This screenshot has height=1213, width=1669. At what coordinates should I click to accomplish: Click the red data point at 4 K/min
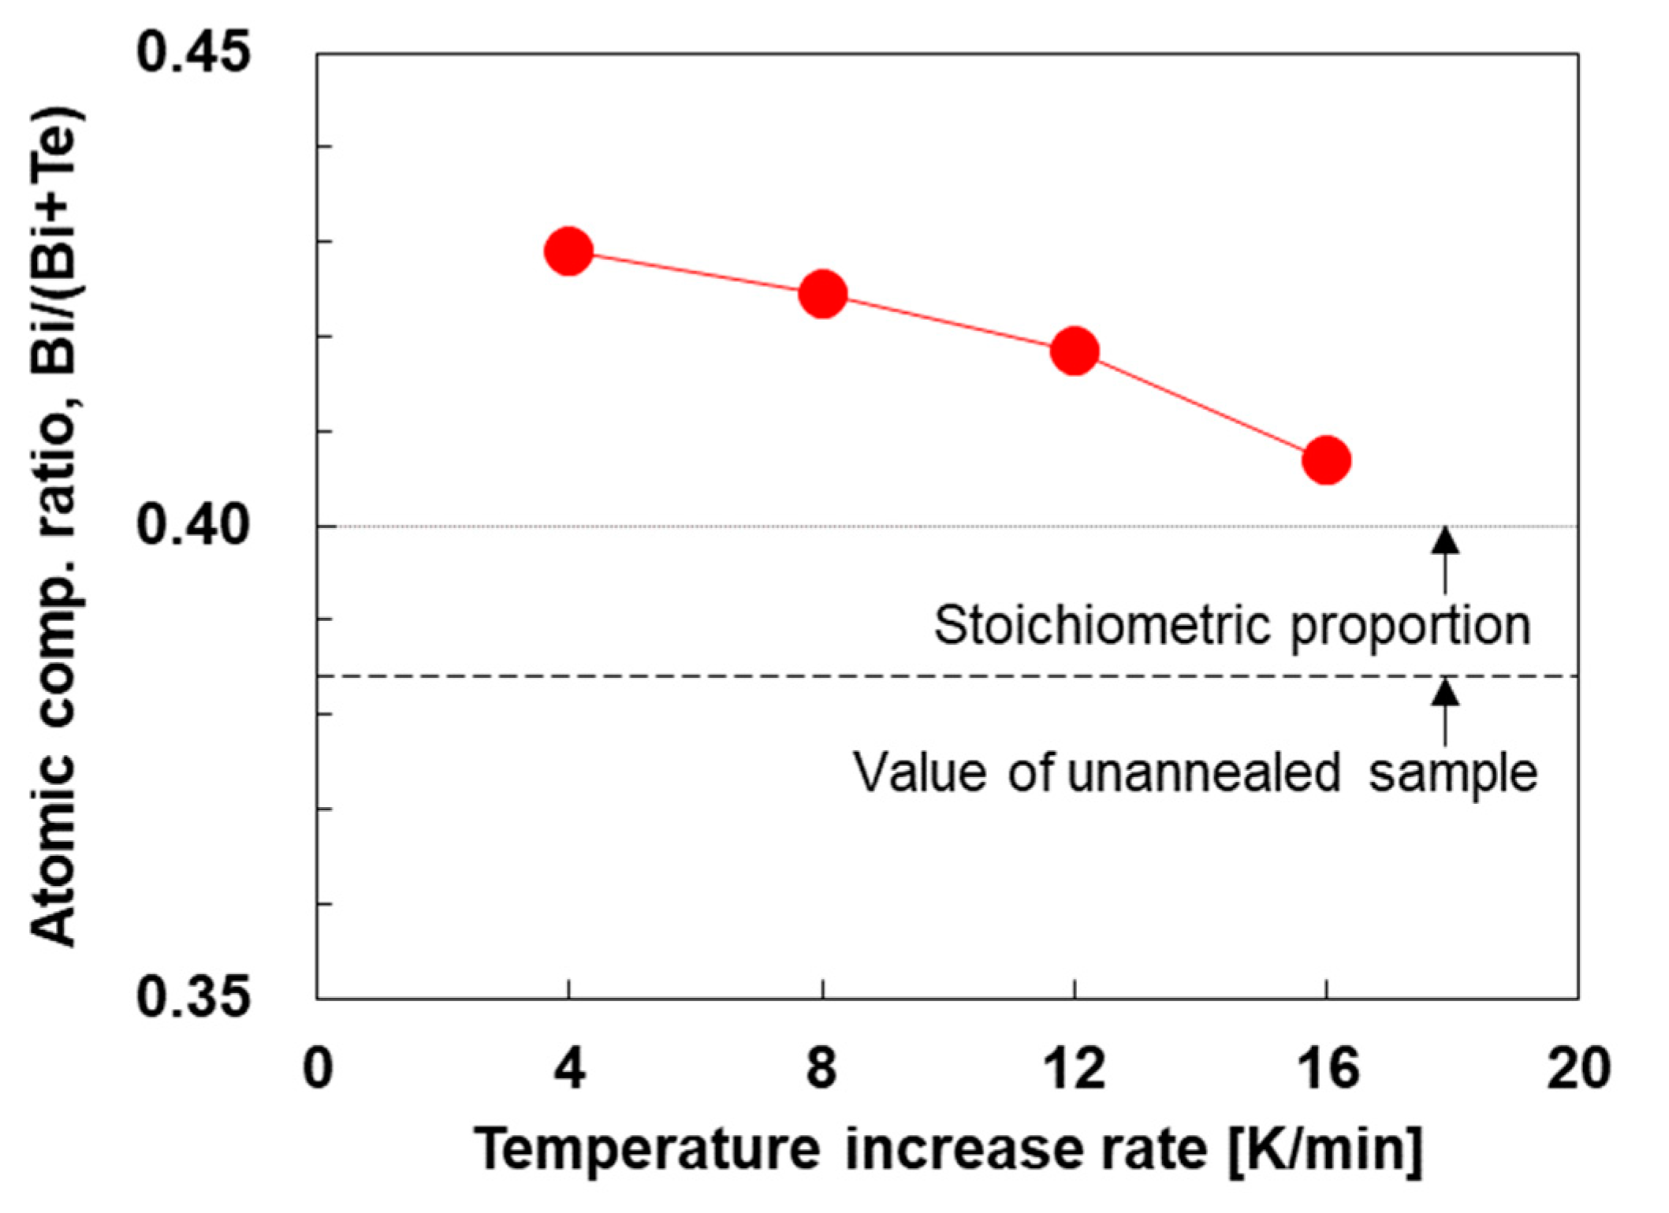point(568,251)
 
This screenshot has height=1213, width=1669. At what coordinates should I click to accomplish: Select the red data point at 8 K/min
point(822,294)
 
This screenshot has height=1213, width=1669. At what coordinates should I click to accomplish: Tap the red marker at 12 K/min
point(1075,351)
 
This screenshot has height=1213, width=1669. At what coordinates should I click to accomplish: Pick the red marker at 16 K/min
point(1327,460)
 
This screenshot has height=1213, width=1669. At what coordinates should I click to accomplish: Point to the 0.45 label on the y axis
point(193,53)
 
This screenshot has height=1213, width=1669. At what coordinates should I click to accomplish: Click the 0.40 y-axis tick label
point(193,525)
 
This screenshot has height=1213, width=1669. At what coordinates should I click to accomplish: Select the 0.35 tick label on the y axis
point(193,997)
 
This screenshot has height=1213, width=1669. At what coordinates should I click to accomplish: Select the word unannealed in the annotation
point(1204,772)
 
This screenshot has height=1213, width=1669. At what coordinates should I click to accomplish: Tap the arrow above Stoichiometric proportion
point(1445,560)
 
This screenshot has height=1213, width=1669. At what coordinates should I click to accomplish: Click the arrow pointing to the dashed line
point(1445,711)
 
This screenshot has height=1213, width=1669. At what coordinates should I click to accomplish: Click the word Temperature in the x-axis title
point(647,1150)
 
